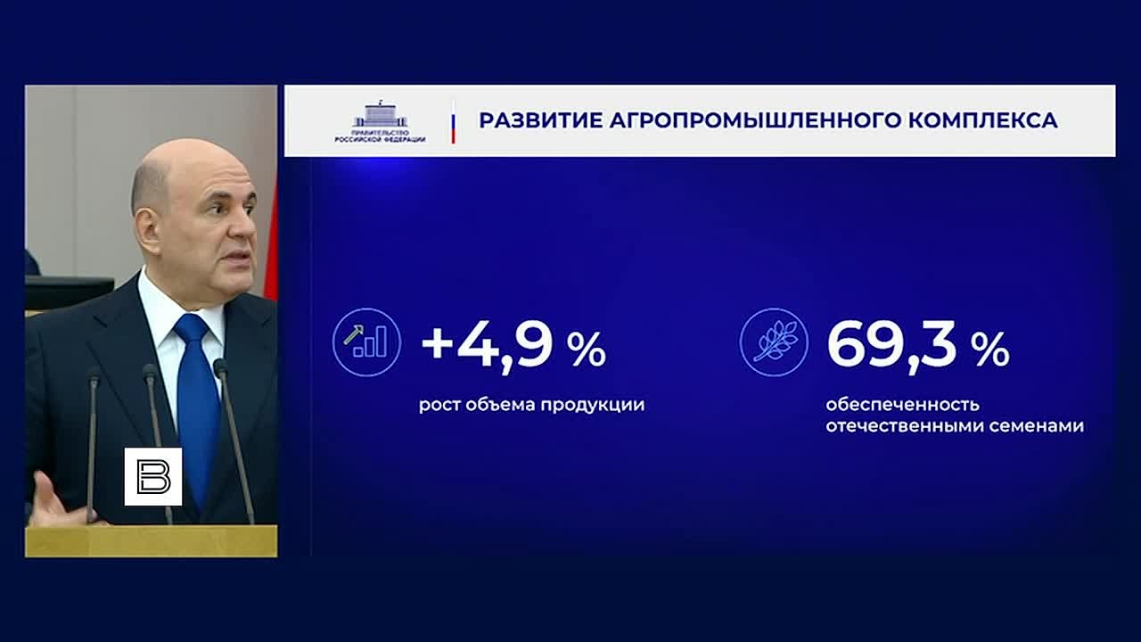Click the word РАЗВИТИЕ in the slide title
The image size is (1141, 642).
pos(540,120)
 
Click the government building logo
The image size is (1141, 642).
pos(381,121)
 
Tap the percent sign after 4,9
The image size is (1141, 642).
pos(587,350)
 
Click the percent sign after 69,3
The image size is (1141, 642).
pos(989,350)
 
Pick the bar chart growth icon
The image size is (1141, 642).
pos(366,342)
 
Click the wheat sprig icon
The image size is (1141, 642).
pos(774,342)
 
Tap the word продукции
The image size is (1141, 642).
pos(593,406)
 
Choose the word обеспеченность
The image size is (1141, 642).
pos(903,405)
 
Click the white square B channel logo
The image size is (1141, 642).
pos(152,476)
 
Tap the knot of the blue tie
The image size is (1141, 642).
pos(192,327)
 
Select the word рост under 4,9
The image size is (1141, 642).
pos(439,406)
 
